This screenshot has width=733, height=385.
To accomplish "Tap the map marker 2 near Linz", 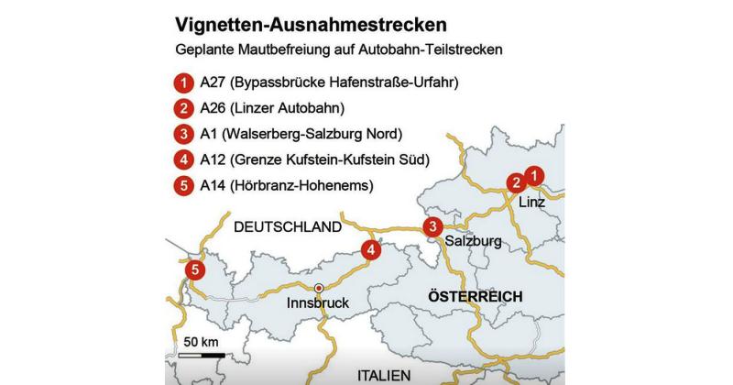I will click(517, 182).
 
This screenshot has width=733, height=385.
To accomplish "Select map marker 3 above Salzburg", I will click(432, 227).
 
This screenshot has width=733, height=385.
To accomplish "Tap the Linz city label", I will click(533, 201).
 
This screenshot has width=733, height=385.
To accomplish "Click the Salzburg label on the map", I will click(473, 243).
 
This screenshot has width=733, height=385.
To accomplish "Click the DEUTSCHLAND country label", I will click(287, 226).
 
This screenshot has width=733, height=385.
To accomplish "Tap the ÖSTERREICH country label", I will click(475, 296).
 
